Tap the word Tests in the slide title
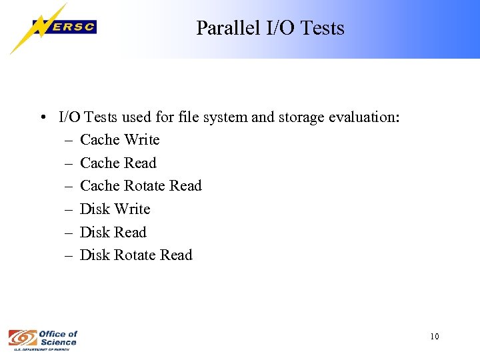click(323, 28)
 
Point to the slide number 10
click(435, 337)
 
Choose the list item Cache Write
click(119, 140)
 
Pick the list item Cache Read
click(118, 163)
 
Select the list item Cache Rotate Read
click(140, 186)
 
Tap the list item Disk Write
click(115, 209)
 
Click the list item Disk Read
click(113, 233)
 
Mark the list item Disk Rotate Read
click(135, 255)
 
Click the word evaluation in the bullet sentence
click(364, 117)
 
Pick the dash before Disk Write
click(70, 209)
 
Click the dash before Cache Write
click(70, 140)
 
